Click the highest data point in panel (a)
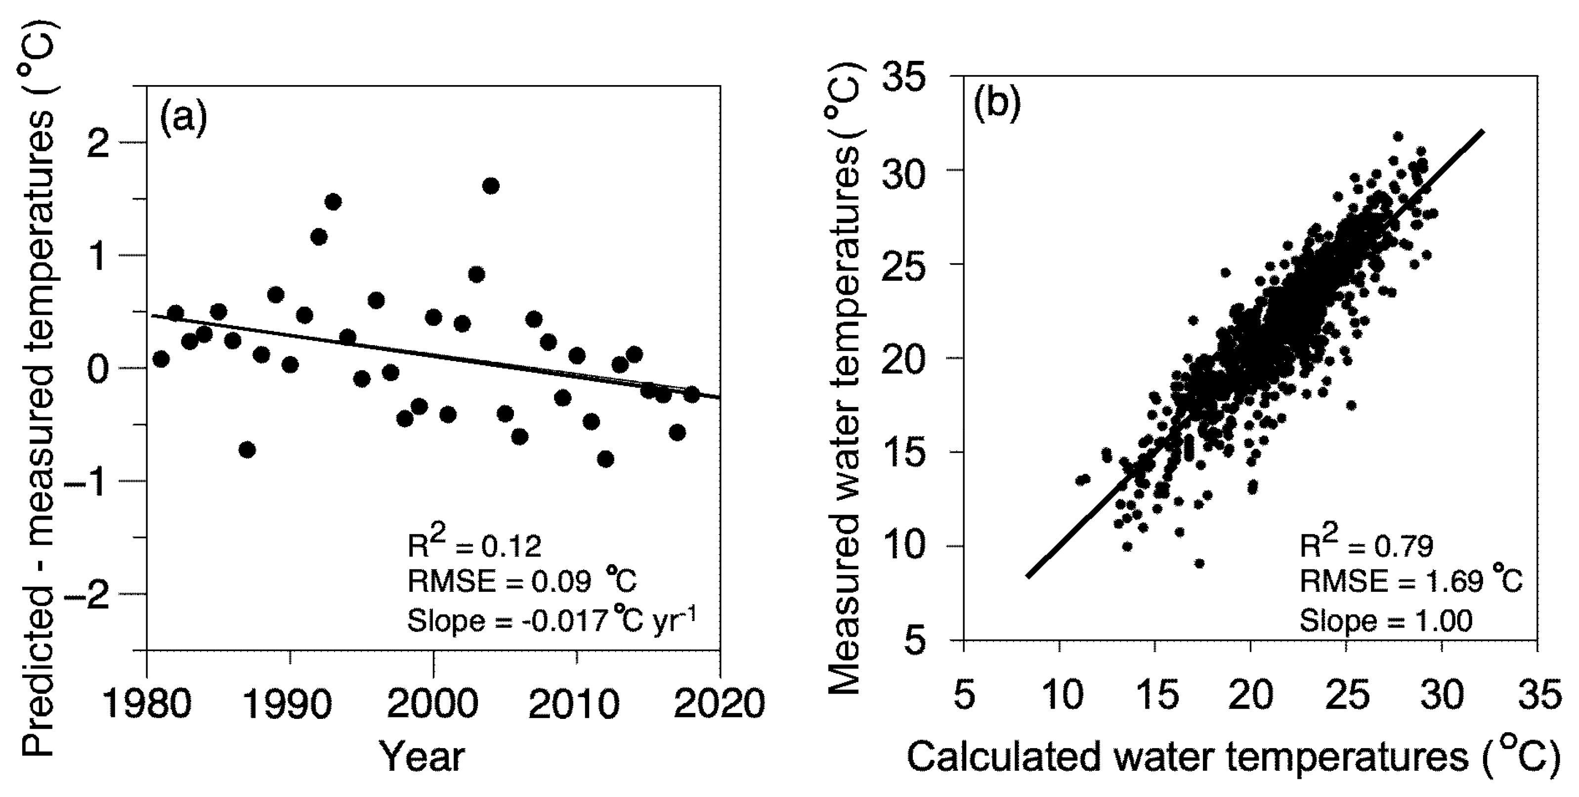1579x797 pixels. [490, 186]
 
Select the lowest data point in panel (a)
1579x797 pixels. [605, 459]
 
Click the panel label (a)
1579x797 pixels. [183, 118]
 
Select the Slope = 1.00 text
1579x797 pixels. [1386, 620]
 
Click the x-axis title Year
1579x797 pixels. [423, 756]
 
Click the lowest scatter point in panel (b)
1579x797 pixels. [1199, 564]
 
